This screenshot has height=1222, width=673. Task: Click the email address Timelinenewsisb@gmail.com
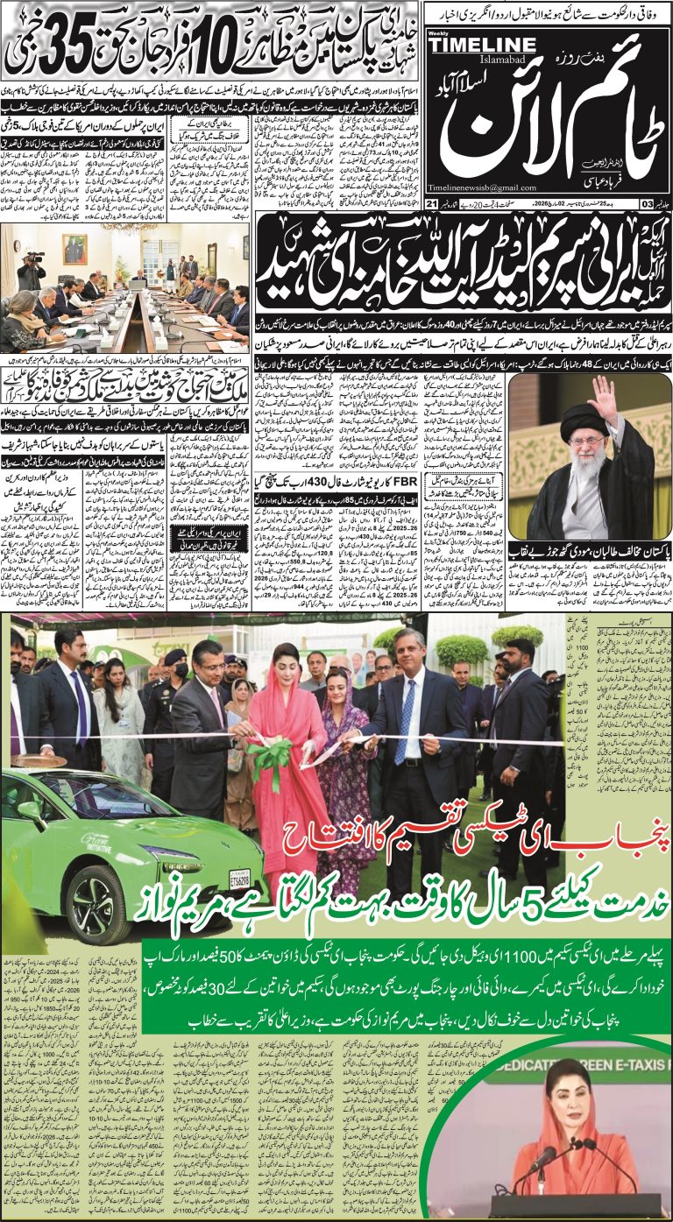tap(482, 187)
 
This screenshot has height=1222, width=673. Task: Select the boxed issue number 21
tap(431, 204)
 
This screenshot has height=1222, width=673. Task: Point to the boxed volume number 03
tap(646, 204)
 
